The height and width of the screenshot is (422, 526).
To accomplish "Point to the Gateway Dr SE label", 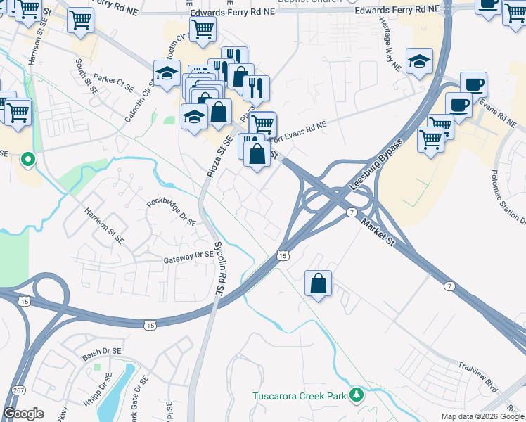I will coord(188,258).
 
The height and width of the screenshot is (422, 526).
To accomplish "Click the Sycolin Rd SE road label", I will coord(219,269).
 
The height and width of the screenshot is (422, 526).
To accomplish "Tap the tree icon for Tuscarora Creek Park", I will coord(357,395).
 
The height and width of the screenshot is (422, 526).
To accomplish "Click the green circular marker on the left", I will coord(27,159).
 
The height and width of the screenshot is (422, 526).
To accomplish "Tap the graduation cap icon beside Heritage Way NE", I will coord(419,60).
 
